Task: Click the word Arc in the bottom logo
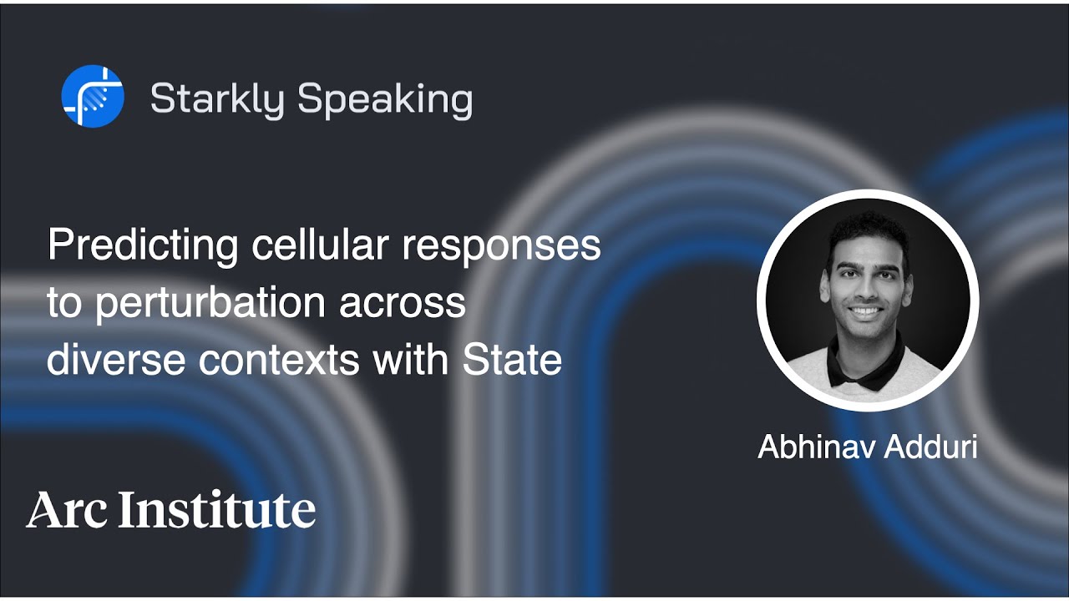click(67, 510)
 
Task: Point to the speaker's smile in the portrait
click(865, 311)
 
